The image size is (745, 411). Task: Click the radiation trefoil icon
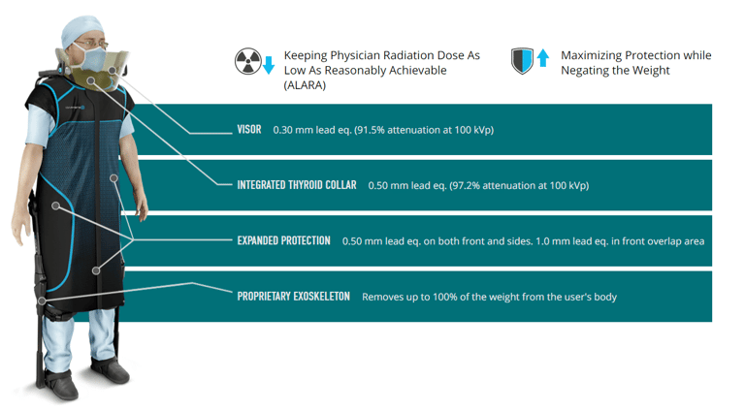coord(248,63)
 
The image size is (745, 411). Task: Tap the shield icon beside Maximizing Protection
coord(523,62)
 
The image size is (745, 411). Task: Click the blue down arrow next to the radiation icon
coord(270,65)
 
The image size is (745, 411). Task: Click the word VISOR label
coord(249,129)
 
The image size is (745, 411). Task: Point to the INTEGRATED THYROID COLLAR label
coord(297,184)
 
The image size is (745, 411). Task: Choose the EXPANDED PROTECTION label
coord(283,240)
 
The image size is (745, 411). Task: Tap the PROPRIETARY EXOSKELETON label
coord(293,296)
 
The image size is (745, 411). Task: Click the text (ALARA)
coord(305,85)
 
